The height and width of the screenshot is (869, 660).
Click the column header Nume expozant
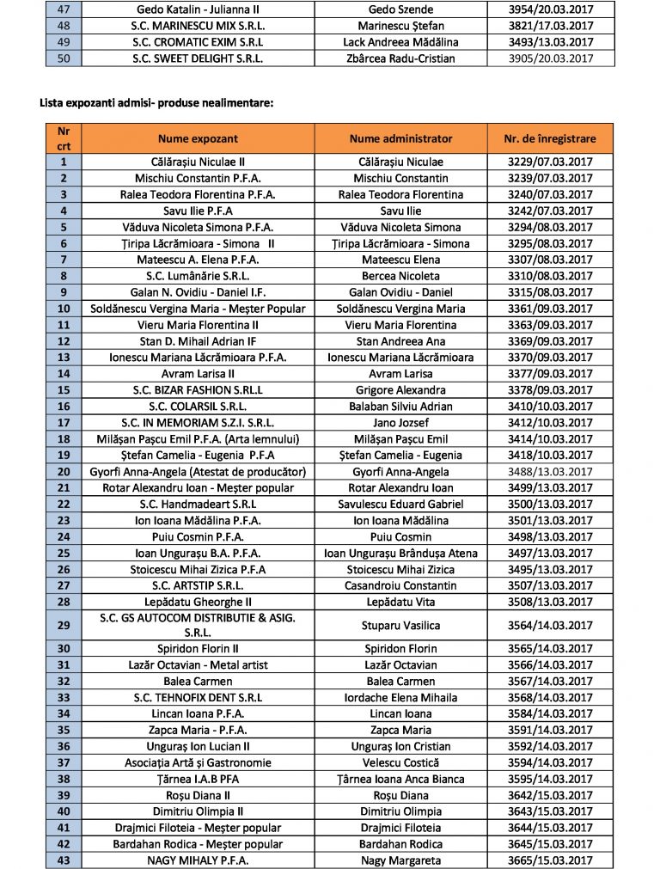(198, 138)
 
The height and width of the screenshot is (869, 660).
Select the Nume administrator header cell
(400, 138)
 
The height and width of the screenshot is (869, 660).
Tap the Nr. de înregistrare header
(550, 138)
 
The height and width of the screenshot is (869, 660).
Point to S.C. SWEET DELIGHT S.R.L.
(198, 58)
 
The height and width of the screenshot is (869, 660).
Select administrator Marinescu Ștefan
(400, 26)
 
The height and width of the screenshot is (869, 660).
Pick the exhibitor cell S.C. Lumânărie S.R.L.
(198, 276)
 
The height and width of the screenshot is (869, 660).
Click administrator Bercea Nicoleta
(400, 276)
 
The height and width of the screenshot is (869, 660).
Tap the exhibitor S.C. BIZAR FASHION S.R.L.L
(198, 390)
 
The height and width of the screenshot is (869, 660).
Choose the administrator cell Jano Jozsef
(400, 423)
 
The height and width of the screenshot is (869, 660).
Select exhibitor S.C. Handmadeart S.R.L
(198, 505)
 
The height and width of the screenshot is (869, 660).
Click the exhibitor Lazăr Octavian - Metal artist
(198, 664)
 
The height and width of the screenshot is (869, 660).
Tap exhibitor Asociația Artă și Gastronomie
(198, 762)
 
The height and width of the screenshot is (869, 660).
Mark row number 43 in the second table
(64, 860)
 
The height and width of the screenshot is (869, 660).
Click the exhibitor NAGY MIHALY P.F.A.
(198, 860)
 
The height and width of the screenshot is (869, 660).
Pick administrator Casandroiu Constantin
(400, 586)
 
